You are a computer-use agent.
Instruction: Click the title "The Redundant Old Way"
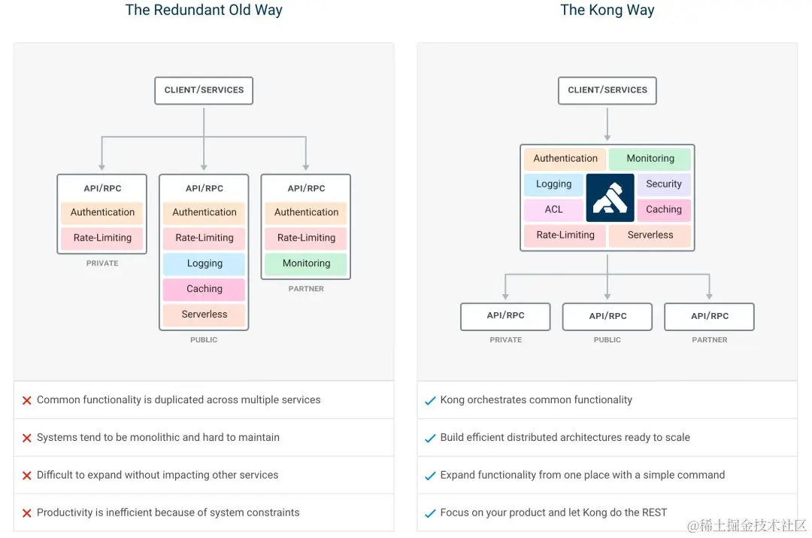[204, 11]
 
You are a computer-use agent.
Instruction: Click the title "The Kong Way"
[607, 11]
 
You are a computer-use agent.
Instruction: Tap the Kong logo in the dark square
[610, 197]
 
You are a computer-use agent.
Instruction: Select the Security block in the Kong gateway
[663, 184]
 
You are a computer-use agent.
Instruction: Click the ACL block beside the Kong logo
[553, 210]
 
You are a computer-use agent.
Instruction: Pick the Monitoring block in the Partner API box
[306, 263]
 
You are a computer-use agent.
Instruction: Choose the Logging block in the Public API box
[205, 264]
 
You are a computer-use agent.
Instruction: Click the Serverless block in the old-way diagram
[205, 315]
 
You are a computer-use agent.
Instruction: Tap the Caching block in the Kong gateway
[663, 210]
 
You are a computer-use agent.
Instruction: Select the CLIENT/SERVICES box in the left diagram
[204, 90]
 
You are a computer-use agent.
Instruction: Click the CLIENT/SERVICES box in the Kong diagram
[607, 90]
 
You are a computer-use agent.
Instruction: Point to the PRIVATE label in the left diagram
[102, 263]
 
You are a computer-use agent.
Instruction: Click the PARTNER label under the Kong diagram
[709, 340]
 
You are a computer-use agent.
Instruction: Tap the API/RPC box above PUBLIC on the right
[607, 317]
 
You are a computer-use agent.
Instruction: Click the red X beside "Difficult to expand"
[27, 476]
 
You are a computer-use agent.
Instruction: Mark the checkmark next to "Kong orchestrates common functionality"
[430, 401]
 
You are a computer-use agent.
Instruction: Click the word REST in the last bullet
[653, 512]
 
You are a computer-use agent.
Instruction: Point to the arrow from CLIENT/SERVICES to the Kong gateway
[607, 124]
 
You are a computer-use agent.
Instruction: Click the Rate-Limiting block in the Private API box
[102, 239]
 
